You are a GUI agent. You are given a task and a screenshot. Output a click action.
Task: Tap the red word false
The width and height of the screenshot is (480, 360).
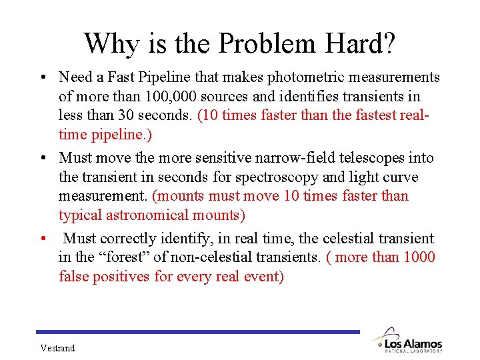[75, 276]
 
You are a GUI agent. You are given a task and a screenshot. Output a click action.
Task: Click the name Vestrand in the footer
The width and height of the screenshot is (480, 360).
[57, 348]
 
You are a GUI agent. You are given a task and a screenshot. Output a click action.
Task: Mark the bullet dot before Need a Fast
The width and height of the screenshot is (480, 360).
[41, 78]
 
